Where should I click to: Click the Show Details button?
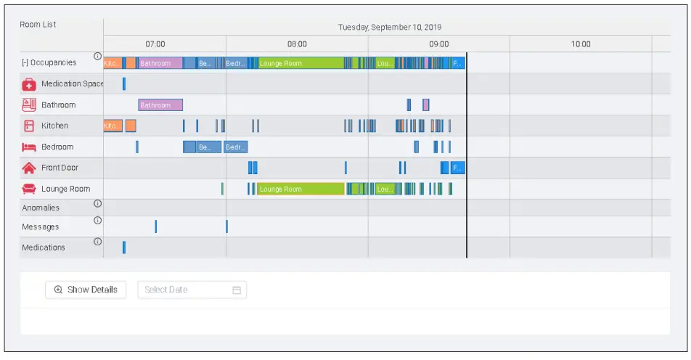pos(86,290)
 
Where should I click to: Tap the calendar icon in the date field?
pos(237,290)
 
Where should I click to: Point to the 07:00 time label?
pos(155,44)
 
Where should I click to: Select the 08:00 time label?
pos(297,44)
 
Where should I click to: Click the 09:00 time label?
pos(439,44)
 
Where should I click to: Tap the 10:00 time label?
pos(581,44)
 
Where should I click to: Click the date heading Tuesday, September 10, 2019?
pos(390,28)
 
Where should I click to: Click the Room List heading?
pos(38,25)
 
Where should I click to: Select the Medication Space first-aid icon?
pos(29,84)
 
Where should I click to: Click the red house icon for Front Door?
pos(29,168)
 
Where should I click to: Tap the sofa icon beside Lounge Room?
pos(29,189)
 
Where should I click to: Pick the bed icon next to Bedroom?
pos(29,147)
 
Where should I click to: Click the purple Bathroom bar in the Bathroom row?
pos(160,105)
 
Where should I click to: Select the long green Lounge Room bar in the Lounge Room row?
pos(300,189)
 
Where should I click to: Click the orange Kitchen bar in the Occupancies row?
pos(113,63)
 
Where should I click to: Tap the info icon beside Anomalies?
pos(98,204)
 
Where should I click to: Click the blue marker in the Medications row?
pos(124,247)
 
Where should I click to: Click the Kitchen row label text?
pos(55,126)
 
